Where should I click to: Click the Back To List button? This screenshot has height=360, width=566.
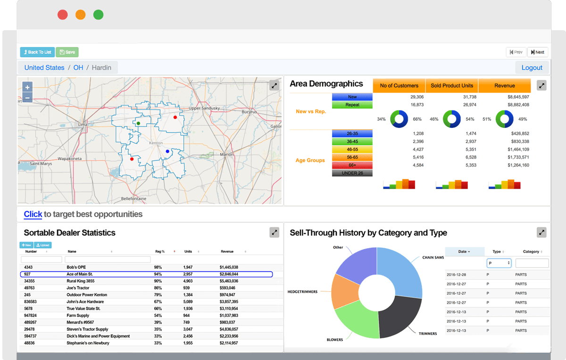(37, 52)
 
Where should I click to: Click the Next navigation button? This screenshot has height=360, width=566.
(537, 52)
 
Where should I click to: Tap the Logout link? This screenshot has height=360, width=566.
(532, 67)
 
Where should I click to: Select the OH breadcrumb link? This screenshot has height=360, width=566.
(78, 67)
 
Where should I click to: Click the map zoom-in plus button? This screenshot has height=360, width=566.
(27, 87)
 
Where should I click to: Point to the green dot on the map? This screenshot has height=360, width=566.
(138, 123)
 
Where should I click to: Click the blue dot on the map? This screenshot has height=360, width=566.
(167, 151)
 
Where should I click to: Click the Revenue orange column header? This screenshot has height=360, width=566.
(504, 85)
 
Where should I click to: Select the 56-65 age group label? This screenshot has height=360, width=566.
(352, 157)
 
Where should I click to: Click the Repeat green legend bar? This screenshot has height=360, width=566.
(352, 105)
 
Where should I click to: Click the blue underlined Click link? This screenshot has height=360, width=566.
(33, 214)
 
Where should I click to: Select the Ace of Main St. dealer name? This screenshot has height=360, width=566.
(80, 274)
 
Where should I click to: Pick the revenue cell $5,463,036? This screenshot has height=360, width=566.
(229, 281)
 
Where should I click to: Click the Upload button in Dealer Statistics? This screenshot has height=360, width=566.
(42, 245)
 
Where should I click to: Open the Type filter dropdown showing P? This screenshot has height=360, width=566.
(499, 263)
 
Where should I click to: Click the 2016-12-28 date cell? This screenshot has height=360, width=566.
(456, 275)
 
